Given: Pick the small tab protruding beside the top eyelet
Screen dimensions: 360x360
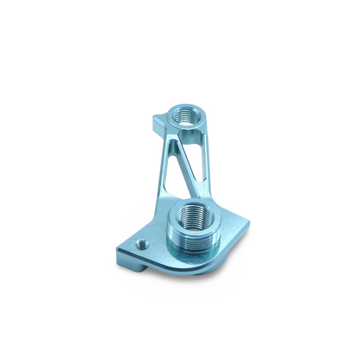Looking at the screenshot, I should click(156, 120).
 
